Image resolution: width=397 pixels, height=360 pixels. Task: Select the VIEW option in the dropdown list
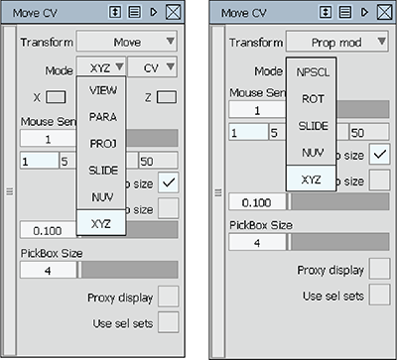[x=102, y=89]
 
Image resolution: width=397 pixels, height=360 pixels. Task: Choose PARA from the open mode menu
[x=102, y=117]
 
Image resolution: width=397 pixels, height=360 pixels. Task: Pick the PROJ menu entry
[x=102, y=144]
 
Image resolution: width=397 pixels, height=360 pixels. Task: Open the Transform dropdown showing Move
[x=127, y=43]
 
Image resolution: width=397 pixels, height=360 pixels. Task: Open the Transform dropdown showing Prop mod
[x=334, y=43]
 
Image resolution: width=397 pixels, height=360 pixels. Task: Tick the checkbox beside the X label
[x=56, y=97]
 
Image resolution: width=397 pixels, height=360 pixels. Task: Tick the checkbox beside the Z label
[x=167, y=97]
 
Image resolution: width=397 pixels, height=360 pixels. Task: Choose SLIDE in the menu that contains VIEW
[x=102, y=171]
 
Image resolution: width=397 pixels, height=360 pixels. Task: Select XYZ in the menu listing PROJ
[x=102, y=224]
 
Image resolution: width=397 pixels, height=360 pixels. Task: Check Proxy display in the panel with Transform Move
[x=168, y=296]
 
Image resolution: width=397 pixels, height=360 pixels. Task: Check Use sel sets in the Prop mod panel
[x=377, y=294]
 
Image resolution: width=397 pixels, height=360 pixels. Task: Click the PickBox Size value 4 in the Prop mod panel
[x=257, y=241]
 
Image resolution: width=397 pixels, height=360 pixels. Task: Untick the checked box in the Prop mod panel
[x=377, y=154]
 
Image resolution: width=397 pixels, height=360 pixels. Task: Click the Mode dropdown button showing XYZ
[x=103, y=69]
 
